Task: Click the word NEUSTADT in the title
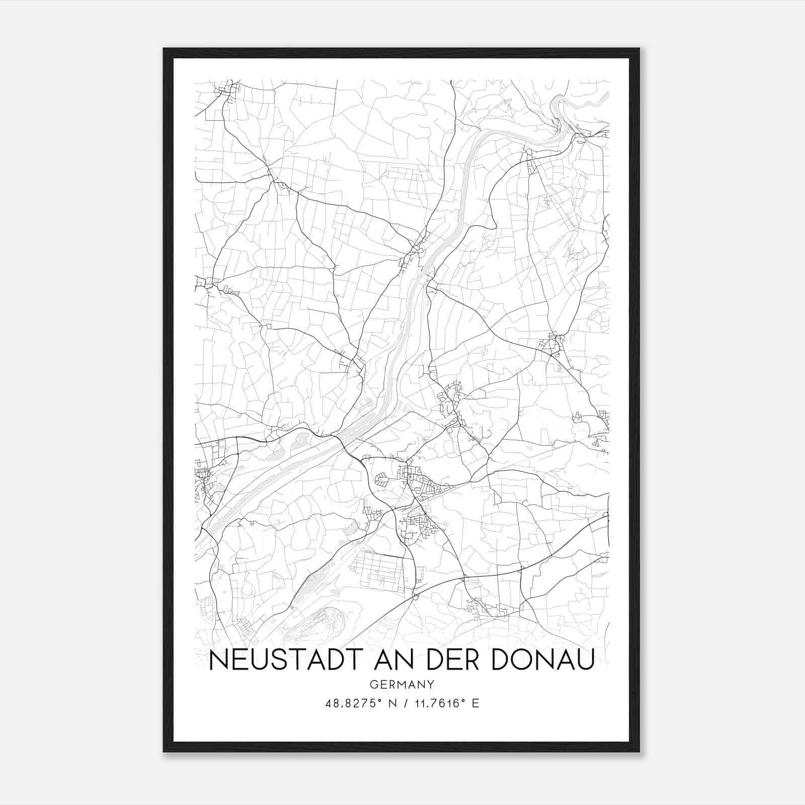click(282, 660)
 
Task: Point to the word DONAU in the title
click(542, 660)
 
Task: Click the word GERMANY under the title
click(401, 684)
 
